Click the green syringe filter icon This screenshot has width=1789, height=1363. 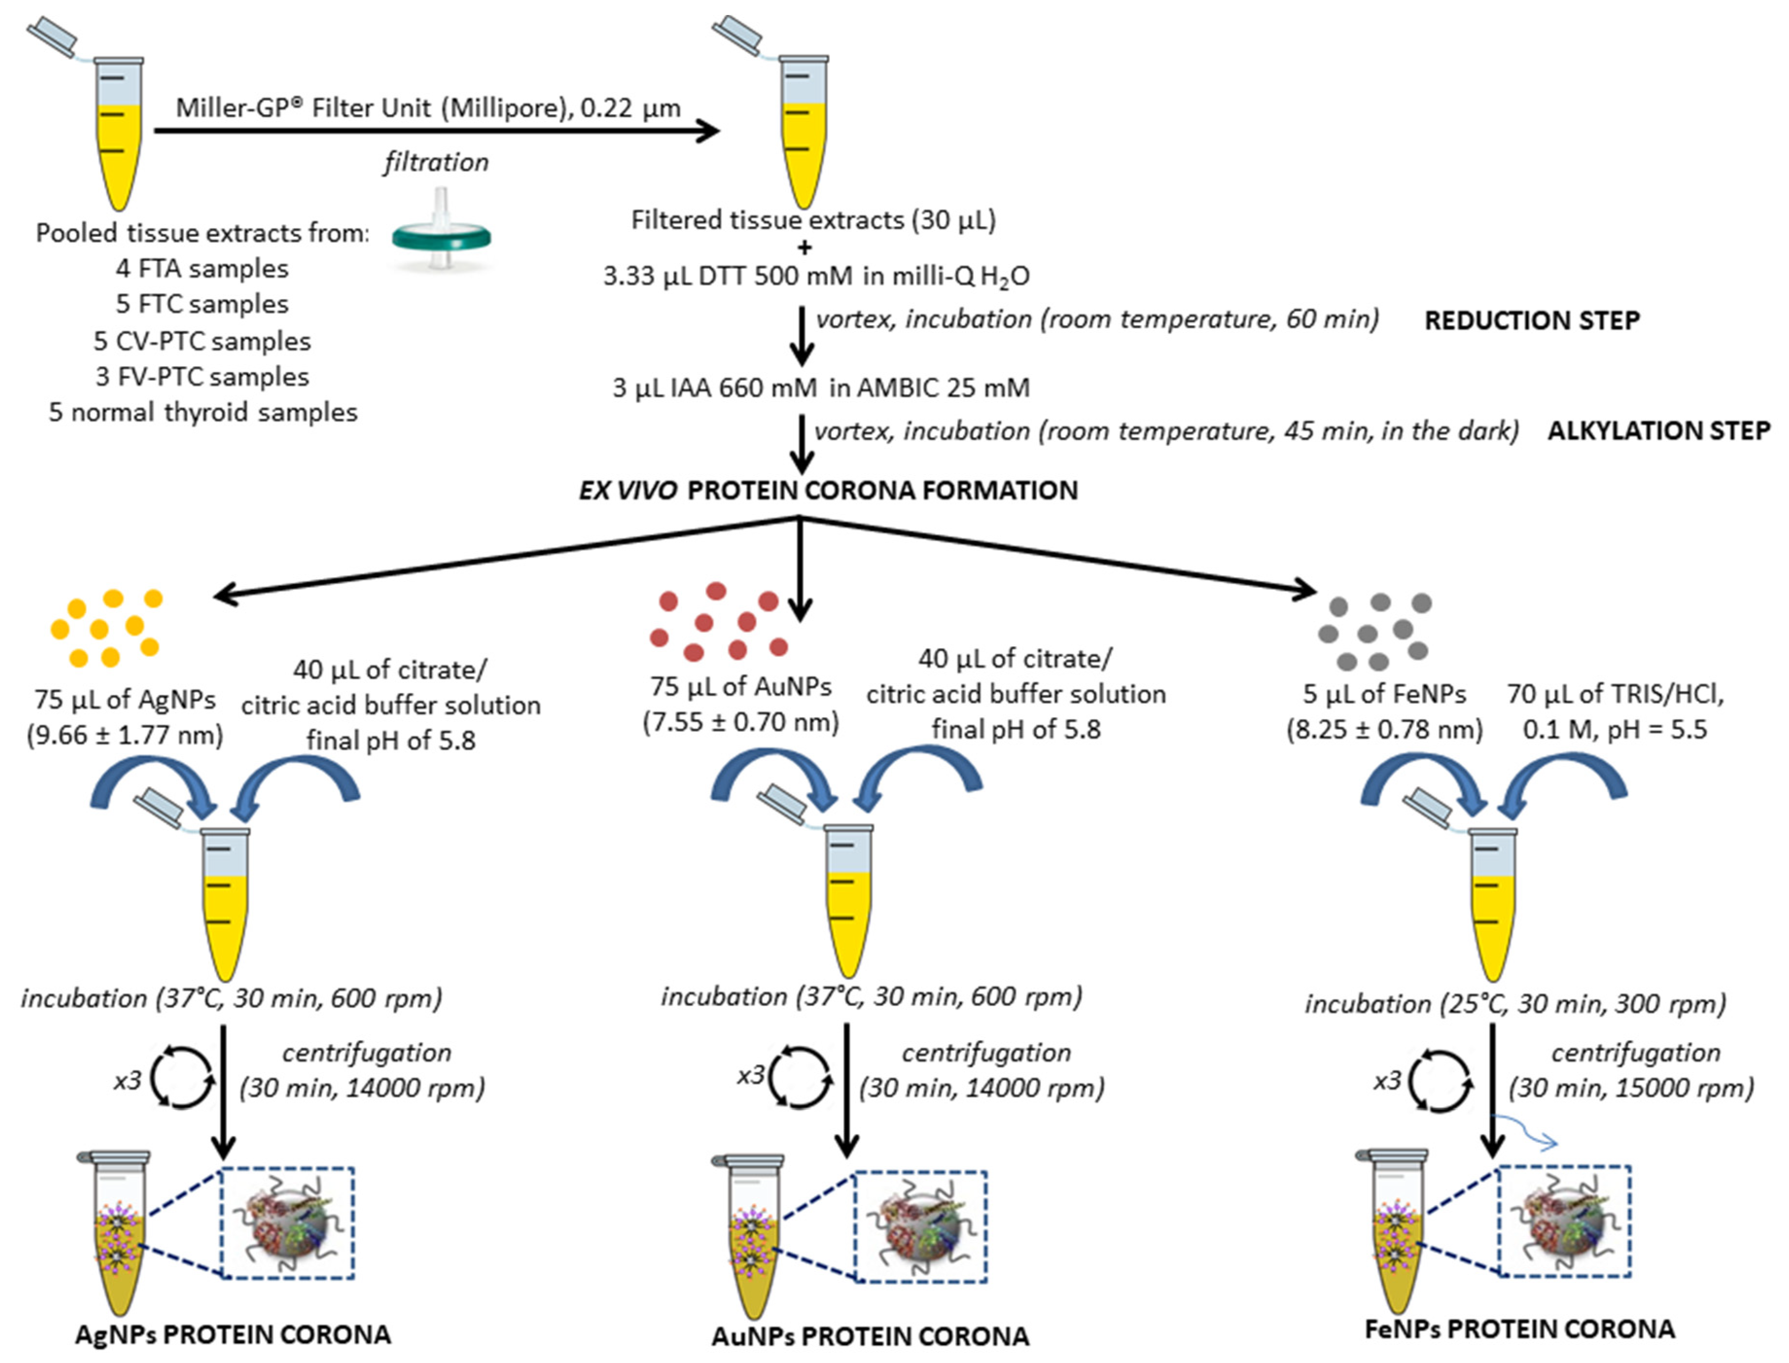point(442,237)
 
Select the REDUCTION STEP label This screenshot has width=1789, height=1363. point(1532,320)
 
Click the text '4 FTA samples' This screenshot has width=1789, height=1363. point(202,268)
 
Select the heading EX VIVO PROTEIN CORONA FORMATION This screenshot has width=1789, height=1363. point(828,490)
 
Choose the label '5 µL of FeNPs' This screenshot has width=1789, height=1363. point(1384,694)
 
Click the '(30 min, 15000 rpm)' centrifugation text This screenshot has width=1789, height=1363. point(1631,1087)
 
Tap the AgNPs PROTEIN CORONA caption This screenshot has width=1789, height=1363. point(233,1335)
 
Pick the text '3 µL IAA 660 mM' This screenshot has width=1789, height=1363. point(714,388)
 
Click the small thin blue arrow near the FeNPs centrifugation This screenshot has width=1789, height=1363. point(1527,1133)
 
